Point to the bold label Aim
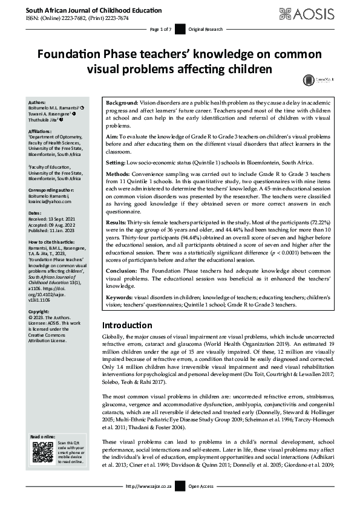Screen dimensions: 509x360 111,138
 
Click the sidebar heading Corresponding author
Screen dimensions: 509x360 50,190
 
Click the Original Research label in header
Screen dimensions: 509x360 206,29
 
